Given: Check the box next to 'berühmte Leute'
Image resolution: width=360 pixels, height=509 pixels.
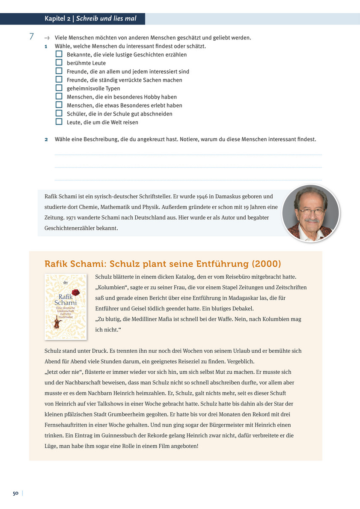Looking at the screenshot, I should coord(59,63).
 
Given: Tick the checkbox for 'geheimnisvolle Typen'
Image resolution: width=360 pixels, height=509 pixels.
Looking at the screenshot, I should coord(59,88).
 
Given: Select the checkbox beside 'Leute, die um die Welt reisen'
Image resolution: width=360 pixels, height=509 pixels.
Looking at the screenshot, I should coord(59,122).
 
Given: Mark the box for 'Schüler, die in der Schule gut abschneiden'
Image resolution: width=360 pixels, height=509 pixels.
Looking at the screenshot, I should coord(59,113).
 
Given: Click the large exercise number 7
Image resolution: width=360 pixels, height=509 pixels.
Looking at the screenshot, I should coord(31,37).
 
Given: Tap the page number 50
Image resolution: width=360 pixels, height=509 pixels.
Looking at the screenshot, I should coord(15,493).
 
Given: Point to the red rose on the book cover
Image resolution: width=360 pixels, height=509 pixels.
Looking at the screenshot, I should coord(75,292).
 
